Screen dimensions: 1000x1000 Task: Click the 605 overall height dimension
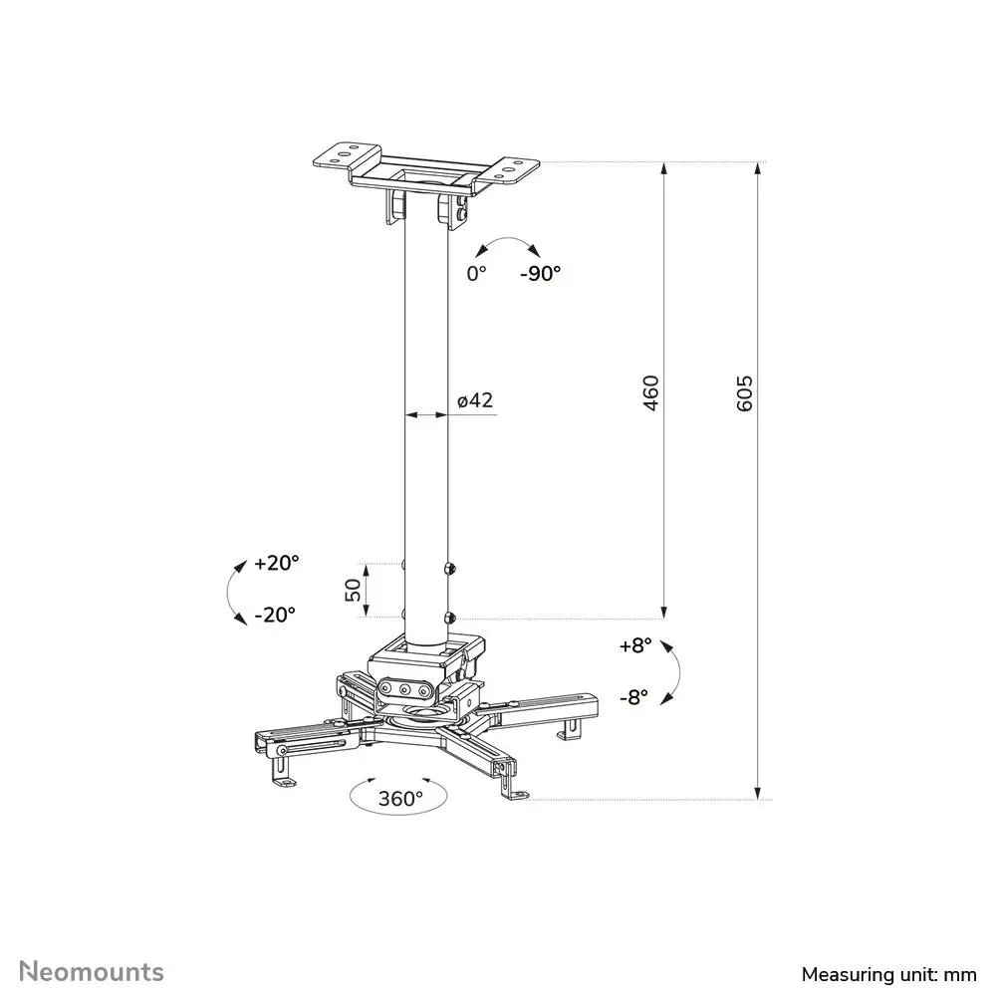click(x=744, y=393)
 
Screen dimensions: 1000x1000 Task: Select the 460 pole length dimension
click(x=649, y=393)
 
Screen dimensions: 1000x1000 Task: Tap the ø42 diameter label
click(x=475, y=400)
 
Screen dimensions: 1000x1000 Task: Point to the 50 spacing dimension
click(x=353, y=591)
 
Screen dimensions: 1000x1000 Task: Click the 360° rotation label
click(x=400, y=799)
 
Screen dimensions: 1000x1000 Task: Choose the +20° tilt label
click(x=277, y=563)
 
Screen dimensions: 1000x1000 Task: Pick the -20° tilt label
click(x=275, y=615)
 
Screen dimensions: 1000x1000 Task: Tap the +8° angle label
click(x=635, y=646)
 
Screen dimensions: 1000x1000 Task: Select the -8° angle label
click(x=633, y=697)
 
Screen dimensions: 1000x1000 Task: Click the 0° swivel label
click(x=476, y=274)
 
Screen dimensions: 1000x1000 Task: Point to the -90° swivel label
click(x=540, y=274)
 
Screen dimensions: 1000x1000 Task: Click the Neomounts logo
click(x=92, y=971)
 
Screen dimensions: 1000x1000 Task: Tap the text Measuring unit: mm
click(x=889, y=974)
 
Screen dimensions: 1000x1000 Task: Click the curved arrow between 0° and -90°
click(x=508, y=238)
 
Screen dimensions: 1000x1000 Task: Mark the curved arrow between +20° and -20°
click(x=228, y=593)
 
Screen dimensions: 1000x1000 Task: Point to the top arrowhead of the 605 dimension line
click(x=758, y=168)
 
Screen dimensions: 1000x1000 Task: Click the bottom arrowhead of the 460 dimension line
click(x=664, y=612)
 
